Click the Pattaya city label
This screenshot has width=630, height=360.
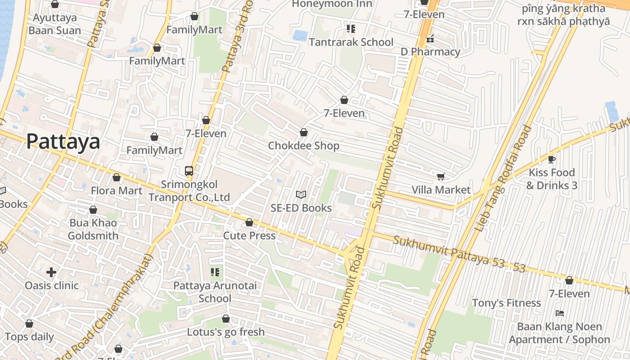click(x=63, y=142)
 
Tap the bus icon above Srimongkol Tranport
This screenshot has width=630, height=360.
click(x=189, y=171)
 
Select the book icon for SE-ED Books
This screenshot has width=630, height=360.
click(x=301, y=194)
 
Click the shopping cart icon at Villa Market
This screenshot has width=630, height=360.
click(x=441, y=176)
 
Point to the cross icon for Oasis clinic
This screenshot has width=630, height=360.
click(x=51, y=272)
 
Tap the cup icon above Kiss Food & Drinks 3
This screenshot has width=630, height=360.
click(x=552, y=159)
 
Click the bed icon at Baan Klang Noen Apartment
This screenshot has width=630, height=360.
click(x=560, y=313)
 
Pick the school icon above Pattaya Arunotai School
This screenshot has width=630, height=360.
click(x=215, y=272)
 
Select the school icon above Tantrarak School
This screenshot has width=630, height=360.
click(x=351, y=29)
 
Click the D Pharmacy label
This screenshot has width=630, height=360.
click(x=431, y=52)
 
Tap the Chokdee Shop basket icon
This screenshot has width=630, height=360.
click(x=304, y=132)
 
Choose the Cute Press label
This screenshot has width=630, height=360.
click(x=249, y=236)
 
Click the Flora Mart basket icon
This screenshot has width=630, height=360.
click(x=117, y=177)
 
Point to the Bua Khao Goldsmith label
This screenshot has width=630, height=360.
click(x=93, y=229)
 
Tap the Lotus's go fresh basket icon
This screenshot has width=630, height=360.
click(x=226, y=319)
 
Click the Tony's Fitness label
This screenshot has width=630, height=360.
click(x=506, y=303)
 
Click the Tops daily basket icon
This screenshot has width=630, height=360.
click(x=29, y=324)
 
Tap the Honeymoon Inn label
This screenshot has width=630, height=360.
click(x=333, y=4)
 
